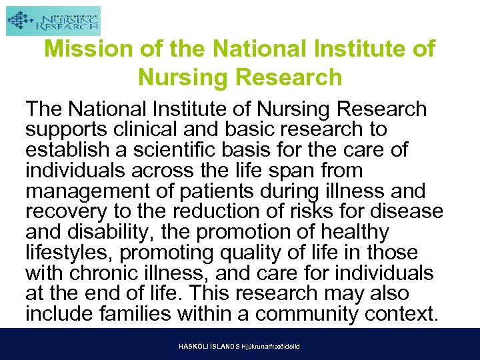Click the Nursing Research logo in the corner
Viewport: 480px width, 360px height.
click(53, 21)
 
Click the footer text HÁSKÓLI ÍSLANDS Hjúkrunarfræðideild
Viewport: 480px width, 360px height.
click(239, 347)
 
